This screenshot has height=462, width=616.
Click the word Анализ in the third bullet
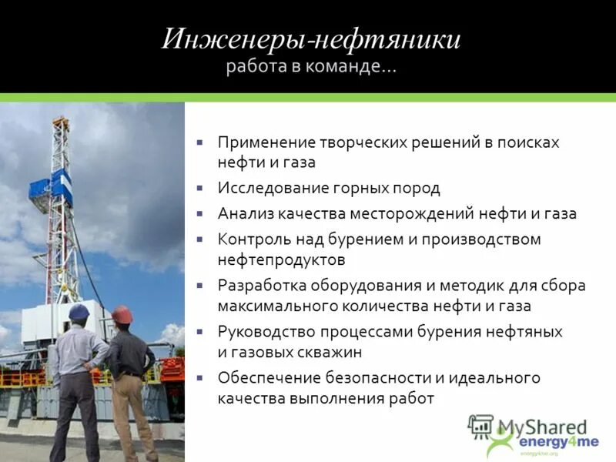point(243,214)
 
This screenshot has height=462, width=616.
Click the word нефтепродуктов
point(281,259)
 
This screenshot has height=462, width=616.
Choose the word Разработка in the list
point(262,286)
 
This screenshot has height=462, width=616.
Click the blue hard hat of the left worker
point(79,312)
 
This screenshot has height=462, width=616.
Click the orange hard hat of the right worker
point(122,314)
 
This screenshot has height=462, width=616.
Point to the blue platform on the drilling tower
point(51,187)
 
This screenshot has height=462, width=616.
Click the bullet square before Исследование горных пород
point(199,188)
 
